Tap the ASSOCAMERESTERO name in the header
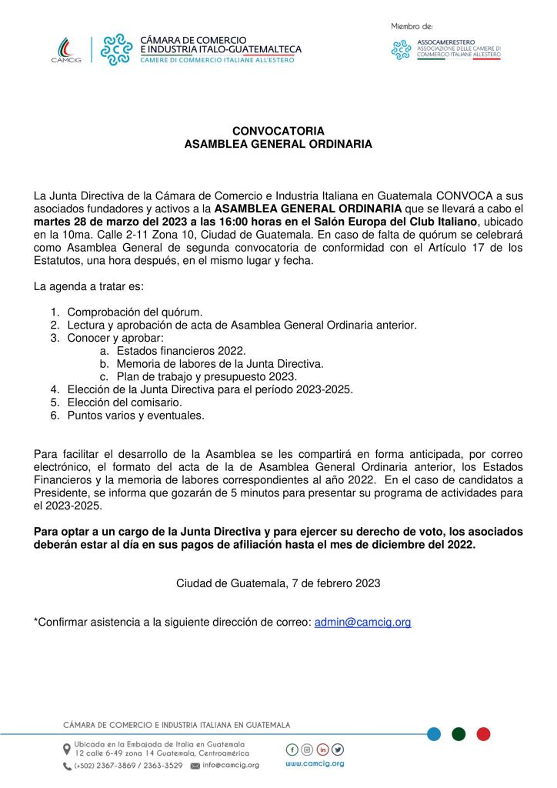pyautogui.click(x=446, y=41)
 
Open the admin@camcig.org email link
pyautogui.click(x=362, y=622)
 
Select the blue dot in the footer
pyautogui.click(x=434, y=733)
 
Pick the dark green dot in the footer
pyautogui.click(x=459, y=733)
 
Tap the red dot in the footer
pyautogui.click(x=483, y=733)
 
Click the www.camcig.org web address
pyautogui.click(x=315, y=764)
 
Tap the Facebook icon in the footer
pyautogui.click(x=292, y=750)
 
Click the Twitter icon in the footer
pyautogui.click(x=338, y=750)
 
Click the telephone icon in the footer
pyautogui.click(x=67, y=766)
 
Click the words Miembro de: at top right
pyautogui.click(x=412, y=26)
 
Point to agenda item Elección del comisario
pyautogui.click(x=113, y=402)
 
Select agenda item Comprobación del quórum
pyautogui.click(x=135, y=312)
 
